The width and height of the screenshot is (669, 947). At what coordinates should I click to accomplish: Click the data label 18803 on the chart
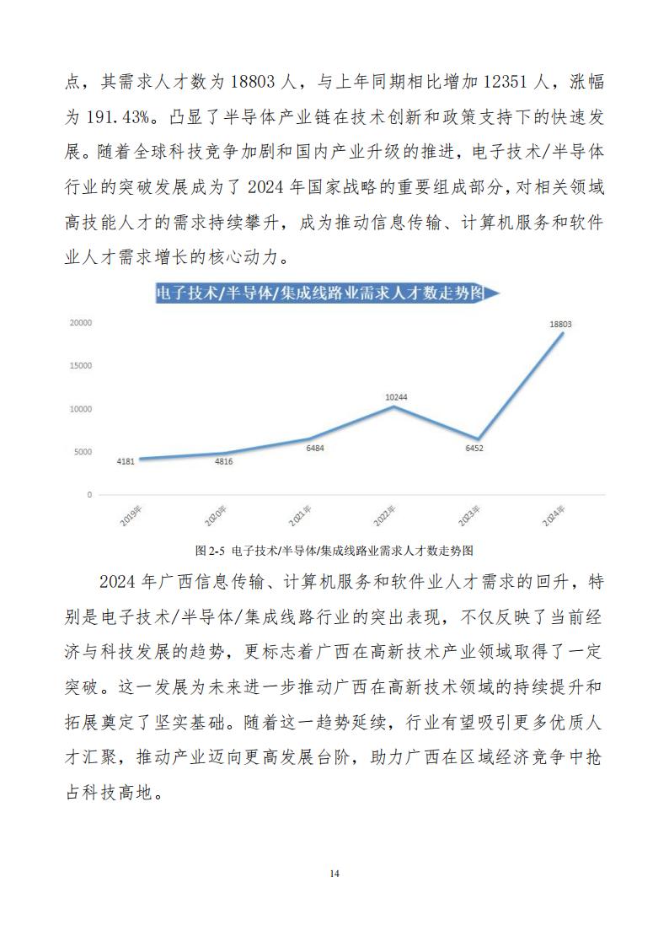pyautogui.click(x=561, y=324)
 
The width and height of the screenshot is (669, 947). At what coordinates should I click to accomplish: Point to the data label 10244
pyautogui.click(x=397, y=396)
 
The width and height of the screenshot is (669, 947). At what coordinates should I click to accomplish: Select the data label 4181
pyautogui.click(x=127, y=461)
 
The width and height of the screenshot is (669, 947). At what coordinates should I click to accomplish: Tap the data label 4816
pyautogui.click(x=223, y=461)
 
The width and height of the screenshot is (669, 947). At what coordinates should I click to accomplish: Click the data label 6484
pyautogui.click(x=315, y=448)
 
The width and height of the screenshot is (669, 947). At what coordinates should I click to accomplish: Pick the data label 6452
pyautogui.click(x=478, y=448)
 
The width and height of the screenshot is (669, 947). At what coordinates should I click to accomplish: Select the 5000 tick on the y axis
pyautogui.click(x=83, y=452)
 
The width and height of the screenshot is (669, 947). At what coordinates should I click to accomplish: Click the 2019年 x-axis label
pyautogui.click(x=131, y=516)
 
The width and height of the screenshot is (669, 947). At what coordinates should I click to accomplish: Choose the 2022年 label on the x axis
pyautogui.click(x=386, y=516)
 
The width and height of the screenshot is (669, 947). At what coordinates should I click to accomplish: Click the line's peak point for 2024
pyautogui.click(x=563, y=333)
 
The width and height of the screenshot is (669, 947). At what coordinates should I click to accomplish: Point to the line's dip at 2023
pyautogui.click(x=478, y=439)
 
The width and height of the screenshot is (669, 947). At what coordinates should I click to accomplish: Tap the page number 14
pyautogui.click(x=334, y=874)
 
